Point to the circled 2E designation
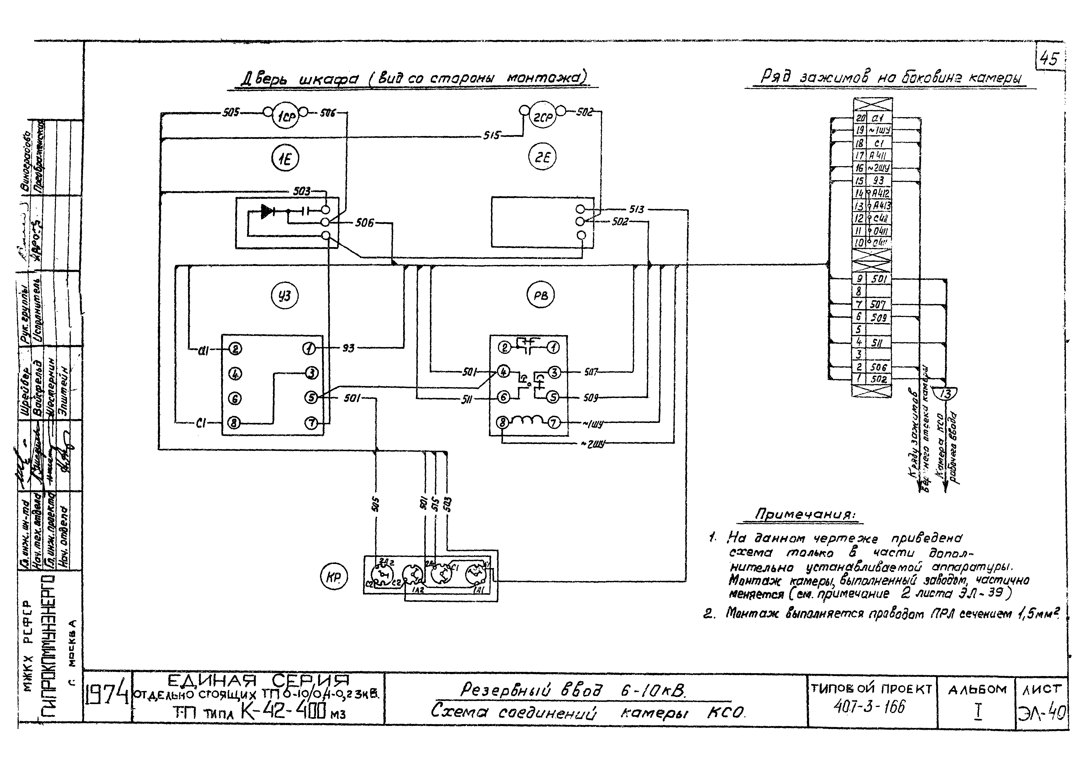(542, 158)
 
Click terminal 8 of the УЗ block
(234, 422)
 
